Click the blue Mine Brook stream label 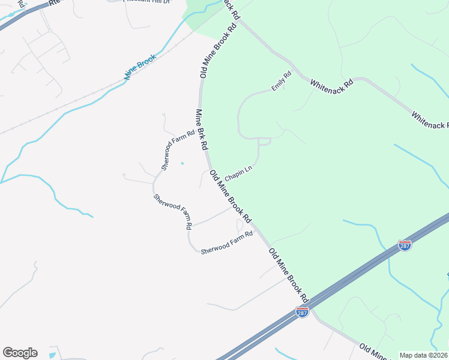(x=140, y=67)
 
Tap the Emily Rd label (x=281, y=81)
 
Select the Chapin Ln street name (x=238, y=175)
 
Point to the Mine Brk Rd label (x=202, y=129)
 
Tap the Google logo (x=20, y=353)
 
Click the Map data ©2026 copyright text (x=424, y=355)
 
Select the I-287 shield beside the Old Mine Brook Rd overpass (x=303, y=313)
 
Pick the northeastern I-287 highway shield (x=405, y=245)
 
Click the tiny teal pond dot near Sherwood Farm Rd (x=182, y=163)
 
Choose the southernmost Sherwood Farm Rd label (x=227, y=243)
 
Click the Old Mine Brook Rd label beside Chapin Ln (x=230, y=195)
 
